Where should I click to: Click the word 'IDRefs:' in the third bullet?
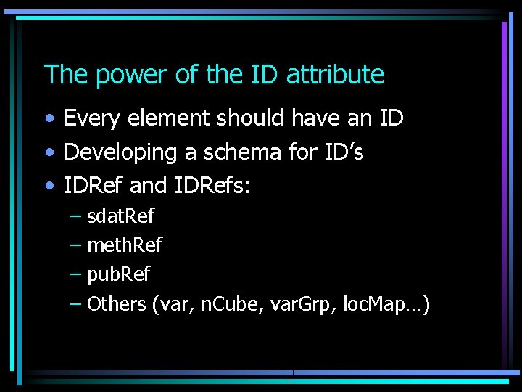[x=213, y=187]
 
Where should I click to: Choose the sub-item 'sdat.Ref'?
[x=120, y=216]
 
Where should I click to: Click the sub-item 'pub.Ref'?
[x=119, y=274]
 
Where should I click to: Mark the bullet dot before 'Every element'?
[x=49, y=118]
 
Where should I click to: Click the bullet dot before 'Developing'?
[x=49, y=153]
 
